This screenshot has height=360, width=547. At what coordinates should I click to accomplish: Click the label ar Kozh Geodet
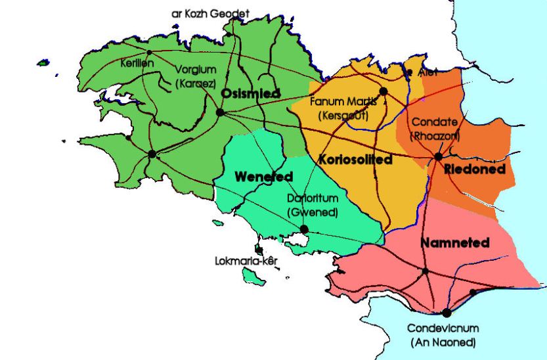click(x=210, y=13)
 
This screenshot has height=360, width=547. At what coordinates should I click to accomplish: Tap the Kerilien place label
click(x=137, y=63)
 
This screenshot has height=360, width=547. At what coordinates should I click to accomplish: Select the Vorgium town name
click(x=195, y=70)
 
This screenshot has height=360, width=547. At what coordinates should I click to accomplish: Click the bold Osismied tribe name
click(x=246, y=94)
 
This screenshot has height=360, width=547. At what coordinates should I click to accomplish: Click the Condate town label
click(x=435, y=123)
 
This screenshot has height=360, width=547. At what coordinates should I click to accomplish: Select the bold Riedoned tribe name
click(x=475, y=169)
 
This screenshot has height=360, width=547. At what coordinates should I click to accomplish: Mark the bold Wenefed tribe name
click(x=263, y=177)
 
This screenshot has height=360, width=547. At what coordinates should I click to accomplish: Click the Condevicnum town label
click(x=443, y=328)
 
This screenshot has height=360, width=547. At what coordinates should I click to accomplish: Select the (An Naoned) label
click(x=443, y=342)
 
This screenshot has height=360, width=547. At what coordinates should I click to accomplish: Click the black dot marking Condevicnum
click(x=447, y=313)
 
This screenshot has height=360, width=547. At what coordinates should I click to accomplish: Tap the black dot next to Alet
click(x=410, y=73)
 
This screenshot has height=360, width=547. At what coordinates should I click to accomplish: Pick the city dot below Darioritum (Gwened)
click(x=304, y=229)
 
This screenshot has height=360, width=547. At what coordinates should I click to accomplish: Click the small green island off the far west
click(x=43, y=63)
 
